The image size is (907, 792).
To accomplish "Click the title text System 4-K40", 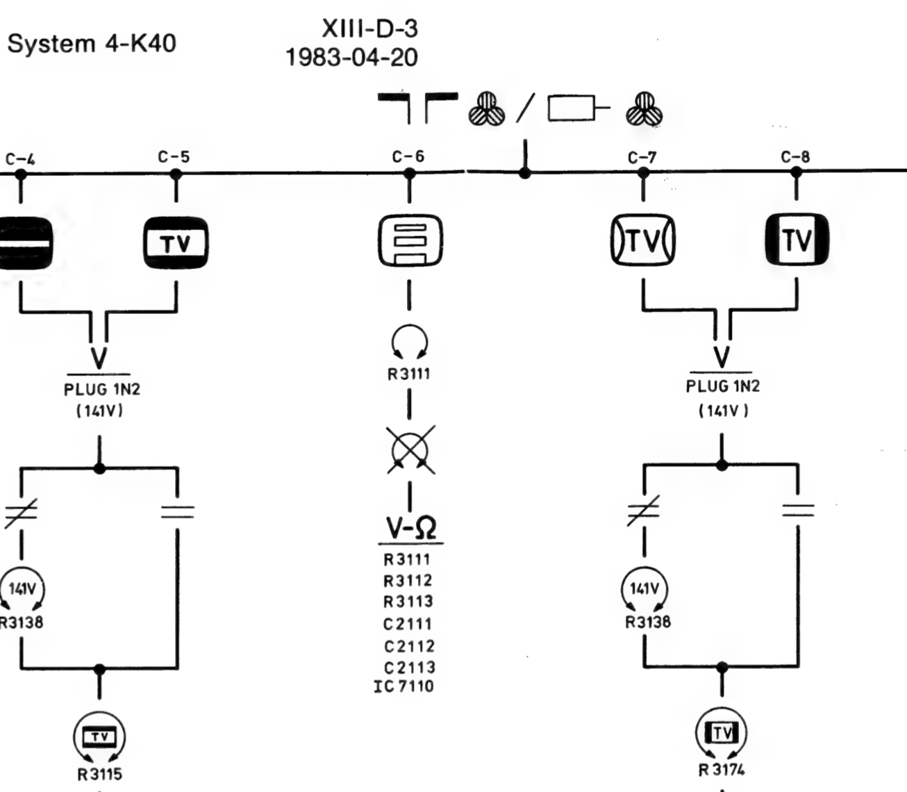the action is (92, 44).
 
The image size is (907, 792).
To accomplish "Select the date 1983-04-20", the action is (351, 58).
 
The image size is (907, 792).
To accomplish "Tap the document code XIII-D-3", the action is (369, 28).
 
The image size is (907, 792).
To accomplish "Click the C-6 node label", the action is (408, 156).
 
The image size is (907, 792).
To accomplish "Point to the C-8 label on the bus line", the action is (795, 157).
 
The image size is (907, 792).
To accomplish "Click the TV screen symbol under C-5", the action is (176, 242).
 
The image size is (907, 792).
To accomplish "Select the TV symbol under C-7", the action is (643, 240).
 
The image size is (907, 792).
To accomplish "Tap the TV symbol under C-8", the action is (797, 240).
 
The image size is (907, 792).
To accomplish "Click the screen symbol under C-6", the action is (410, 241).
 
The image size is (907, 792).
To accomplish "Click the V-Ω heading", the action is (411, 528).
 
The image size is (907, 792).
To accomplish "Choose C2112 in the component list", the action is (409, 647).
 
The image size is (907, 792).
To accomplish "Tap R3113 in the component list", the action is (408, 602).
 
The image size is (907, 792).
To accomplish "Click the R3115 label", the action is (100, 775).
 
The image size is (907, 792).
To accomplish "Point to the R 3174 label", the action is (722, 770).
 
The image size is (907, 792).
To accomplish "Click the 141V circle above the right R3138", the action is (644, 590).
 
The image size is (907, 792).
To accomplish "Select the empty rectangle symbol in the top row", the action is (571, 108).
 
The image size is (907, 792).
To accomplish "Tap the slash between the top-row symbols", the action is (526, 108).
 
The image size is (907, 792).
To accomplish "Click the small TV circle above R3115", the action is (99, 737).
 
